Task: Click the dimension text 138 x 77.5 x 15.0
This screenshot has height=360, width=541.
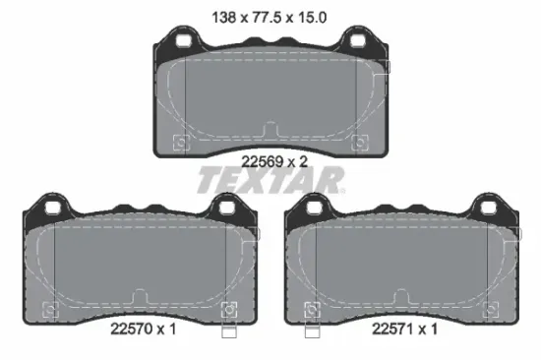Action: (269, 18)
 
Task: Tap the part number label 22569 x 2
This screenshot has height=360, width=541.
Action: (274, 161)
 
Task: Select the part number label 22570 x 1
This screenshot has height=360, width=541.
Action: (144, 329)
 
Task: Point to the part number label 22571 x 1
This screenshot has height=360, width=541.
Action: (404, 329)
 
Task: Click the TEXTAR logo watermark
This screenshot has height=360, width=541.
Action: (270, 180)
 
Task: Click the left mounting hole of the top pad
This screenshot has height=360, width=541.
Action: (183, 40)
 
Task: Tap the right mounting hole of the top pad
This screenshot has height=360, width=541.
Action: (358, 40)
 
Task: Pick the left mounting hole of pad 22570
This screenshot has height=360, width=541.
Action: (52, 209)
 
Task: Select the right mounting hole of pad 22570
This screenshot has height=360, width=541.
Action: (226, 209)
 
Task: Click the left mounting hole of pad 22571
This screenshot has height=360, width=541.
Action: (314, 209)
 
